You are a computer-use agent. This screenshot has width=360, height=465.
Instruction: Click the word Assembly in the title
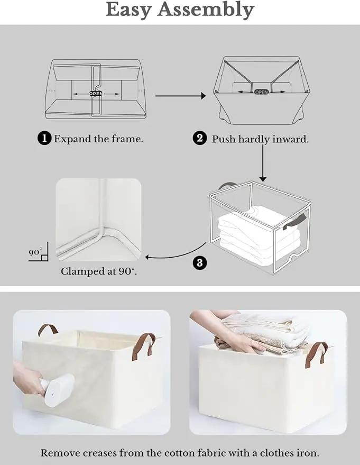point(206,10)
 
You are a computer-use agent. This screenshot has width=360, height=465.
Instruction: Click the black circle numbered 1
point(45,139)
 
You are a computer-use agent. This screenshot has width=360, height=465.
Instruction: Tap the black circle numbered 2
point(200,139)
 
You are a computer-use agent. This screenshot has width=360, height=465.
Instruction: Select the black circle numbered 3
point(200,263)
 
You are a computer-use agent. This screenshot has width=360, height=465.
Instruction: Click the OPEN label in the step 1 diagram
point(96,94)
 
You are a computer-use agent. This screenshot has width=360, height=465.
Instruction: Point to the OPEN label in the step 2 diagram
point(261,92)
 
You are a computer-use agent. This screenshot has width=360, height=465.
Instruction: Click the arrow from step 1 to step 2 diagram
point(181,96)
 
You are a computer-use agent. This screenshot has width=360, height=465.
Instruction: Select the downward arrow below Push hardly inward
point(263,162)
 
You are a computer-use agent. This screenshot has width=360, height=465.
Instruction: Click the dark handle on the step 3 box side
point(294,222)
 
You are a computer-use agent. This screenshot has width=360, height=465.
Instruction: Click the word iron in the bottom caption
point(308,453)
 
